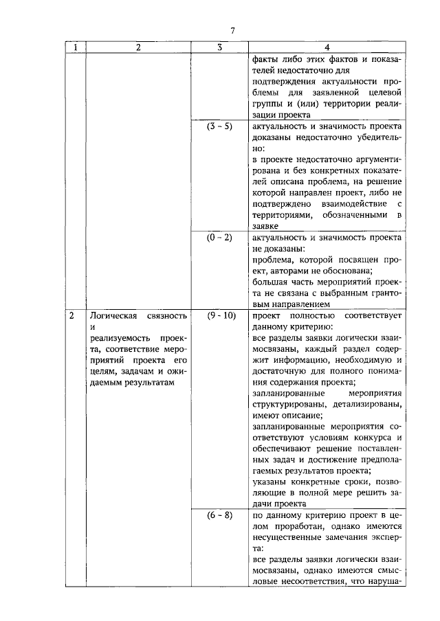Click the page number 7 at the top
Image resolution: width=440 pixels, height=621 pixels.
coord(232,31)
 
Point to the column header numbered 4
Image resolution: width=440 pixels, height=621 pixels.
coord(327,47)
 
